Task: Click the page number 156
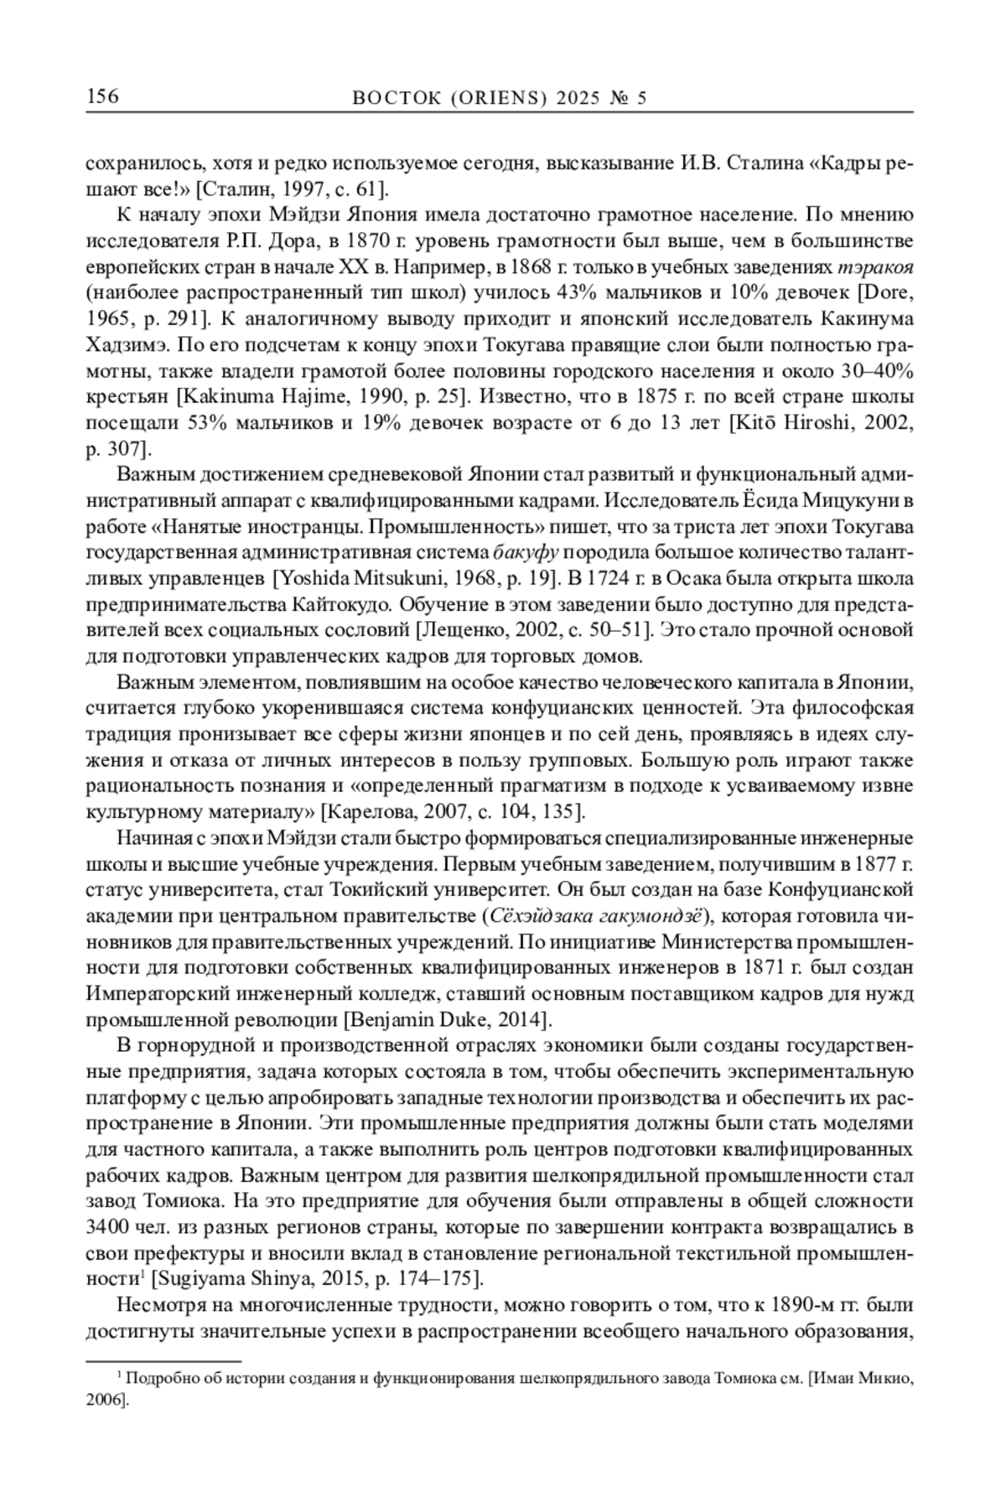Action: pyautogui.click(x=102, y=97)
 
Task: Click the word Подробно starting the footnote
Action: pyautogui.click(x=153, y=1377)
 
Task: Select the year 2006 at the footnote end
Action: pyautogui.click(x=103, y=1400)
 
